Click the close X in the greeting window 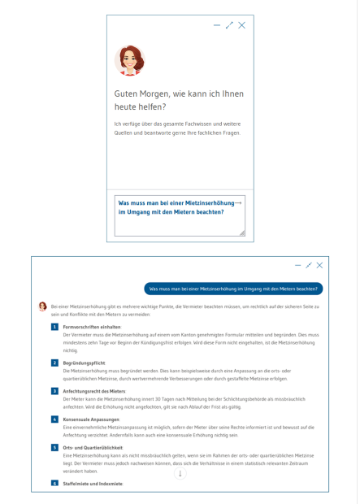point(241,25)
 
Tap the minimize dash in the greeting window point(217,25)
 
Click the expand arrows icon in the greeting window point(229,25)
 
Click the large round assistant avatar point(130,60)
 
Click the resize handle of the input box point(241,232)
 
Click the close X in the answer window point(320,265)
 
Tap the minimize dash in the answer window point(298,265)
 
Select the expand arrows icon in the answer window point(309,265)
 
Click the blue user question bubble point(234,288)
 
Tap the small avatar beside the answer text point(43,306)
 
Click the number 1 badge point(54,327)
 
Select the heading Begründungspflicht point(85,362)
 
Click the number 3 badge point(54,391)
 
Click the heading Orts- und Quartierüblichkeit point(93,448)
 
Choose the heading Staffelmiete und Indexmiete point(93,484)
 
